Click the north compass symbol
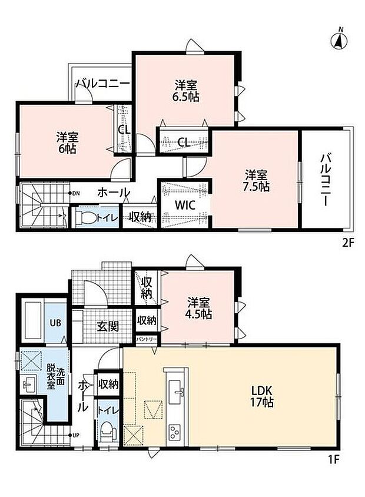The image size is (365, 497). (x=339, y=40)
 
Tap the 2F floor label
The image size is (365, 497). (x=347, y=243)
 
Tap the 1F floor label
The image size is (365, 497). (x=333, y=459)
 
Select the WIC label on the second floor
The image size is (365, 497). (x=185, y=205)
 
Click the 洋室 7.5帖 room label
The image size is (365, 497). (x=256, y=180)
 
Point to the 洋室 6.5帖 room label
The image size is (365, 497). (x=185, y=91)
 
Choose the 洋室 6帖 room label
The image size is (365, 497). (x=67, y=143)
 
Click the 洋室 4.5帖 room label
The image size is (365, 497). (x=198, y=308)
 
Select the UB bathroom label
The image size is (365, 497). (x=55, y=323)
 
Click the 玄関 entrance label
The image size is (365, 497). (x=108, y=326)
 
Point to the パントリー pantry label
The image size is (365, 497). (x=147, y=339)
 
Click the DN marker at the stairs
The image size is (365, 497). (x=76, y=193)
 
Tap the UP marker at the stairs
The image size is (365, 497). (x=75, y=435)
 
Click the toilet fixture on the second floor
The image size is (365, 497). (x=85, y=217)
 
